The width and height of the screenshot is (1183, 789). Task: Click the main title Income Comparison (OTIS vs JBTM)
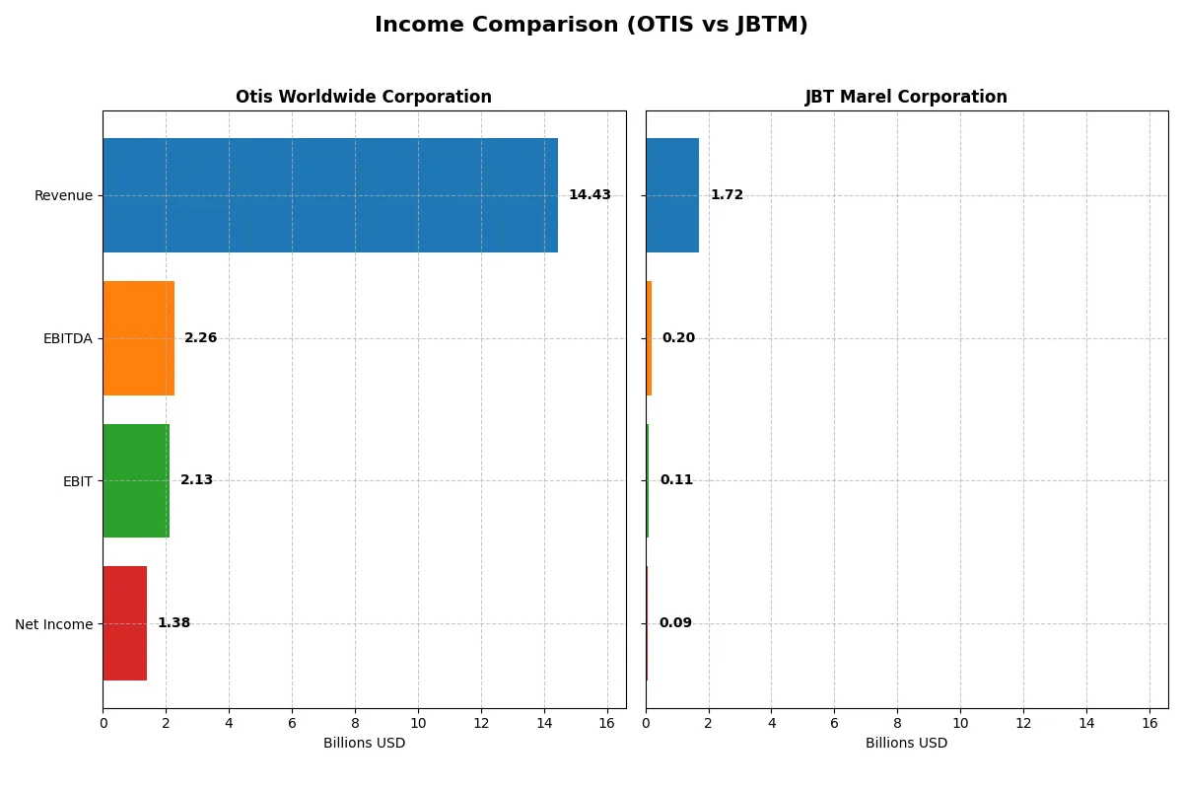pyautogui.click(x=591, y=26)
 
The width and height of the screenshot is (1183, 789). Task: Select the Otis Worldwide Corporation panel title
pyautogui.click(x=363, y=97)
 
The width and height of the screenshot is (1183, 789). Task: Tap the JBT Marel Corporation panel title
pyautogui.click(x=906, y=97)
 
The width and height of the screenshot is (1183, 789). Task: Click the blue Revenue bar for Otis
pyautogui.click(x=330, y=195)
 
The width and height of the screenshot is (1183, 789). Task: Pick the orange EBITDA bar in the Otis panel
pyautogui.click(x=138, y=338)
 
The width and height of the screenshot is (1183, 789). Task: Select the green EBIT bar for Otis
pyautogui.click(x=136, y=481)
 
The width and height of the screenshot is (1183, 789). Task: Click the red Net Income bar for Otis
pyautogui.click(x=124, y=623)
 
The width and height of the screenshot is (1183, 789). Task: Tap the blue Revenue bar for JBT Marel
pyautogui.click(x=671, y=195)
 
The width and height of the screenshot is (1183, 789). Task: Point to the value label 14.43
pyautogui.click(x=590, y=195)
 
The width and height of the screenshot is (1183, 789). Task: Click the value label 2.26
pyautogui.click(x=200, y=338)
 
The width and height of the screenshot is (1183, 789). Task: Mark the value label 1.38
pyautogui.click(x=174, y=623)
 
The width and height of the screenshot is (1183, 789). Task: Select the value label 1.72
pyautogui.click(x=727, y=195)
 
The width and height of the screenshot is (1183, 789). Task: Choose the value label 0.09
pyautogui.click(x=675, y=623)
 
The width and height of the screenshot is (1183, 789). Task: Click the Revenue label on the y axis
pyautogui.click(x=63, y=195)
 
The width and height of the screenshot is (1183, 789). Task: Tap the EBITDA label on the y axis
pyautogui.click(x=67, y=338)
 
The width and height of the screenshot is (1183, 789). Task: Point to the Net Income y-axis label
pyautogui.click(x=53, y=624)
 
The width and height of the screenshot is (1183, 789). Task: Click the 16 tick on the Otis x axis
pyautogui.click(x=606, y=723)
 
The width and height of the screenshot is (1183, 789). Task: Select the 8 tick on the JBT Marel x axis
pyautogui.click(x=897, y=723)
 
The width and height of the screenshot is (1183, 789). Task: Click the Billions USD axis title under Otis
pyautogui.click(x=364, y=744)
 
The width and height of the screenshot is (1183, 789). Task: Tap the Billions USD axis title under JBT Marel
pyautogui.click(x=906, y=744)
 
